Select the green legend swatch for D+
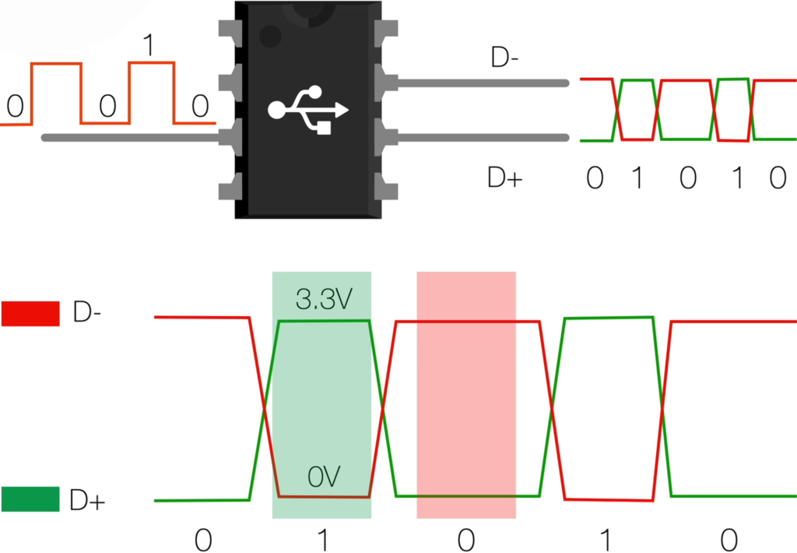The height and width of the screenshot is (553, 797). pos(30,499)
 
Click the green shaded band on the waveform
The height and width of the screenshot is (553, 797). pos(321,397)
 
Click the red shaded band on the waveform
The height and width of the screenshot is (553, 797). pos(466,397)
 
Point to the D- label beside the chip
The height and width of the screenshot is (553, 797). pos(505,58)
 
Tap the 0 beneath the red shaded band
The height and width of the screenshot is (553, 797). pos(465,539)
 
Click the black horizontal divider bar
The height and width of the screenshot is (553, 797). pos(398,245)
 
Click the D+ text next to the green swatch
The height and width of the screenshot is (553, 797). pos(87,501)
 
